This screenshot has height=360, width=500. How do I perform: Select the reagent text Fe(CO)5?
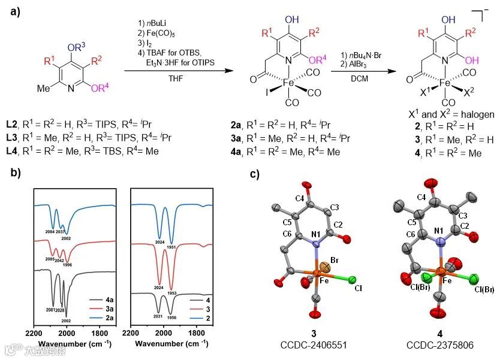coord(155,33)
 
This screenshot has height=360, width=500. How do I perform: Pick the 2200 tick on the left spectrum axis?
coord(34,334)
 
